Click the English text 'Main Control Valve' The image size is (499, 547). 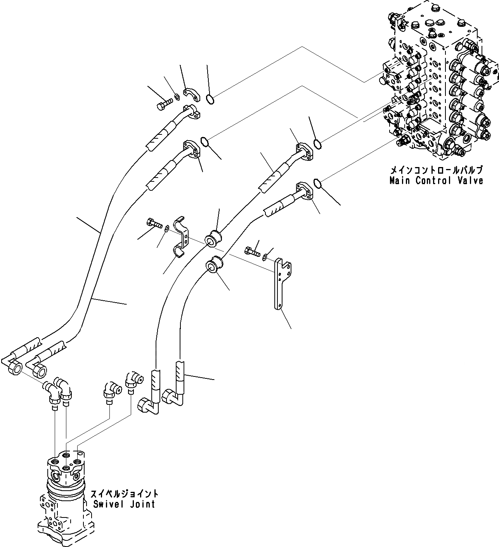(437, 181)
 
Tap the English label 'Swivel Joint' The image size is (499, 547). (124, 504)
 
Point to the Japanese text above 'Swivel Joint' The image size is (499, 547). (124, 494)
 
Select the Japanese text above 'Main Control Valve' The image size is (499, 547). (437, 170)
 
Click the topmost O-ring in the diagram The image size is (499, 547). (210, 100)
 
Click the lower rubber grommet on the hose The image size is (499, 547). (214, 265)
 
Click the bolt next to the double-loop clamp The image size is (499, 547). (154, 223)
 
